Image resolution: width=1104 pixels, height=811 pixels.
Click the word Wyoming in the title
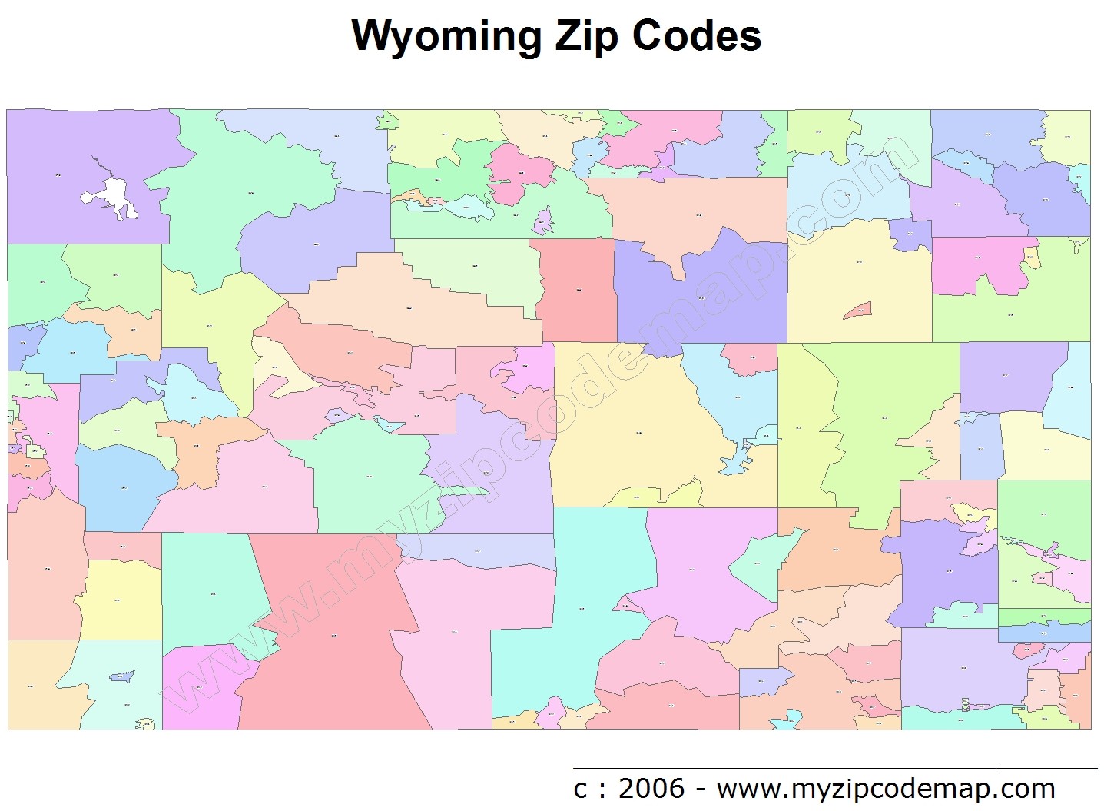pyautogui.click(x=446, y=36)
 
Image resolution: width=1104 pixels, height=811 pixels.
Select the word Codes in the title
pyautogui.click(x=697, y=36)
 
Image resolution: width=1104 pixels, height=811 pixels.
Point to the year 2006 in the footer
pyautogui.click(x=651, y=788)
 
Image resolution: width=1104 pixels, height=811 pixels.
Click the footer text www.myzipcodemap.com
pyautogui.click(x=886, y=788)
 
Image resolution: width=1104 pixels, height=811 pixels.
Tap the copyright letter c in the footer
pyautogui.click(x=581, y=789)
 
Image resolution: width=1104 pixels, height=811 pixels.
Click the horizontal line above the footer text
pyautogui.click(x=834, y=767)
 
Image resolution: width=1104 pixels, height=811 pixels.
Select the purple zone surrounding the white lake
pyautogui.click(x=54, y=154)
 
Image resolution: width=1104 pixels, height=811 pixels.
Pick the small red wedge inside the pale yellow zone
pyautogui.click(x=858, y=310)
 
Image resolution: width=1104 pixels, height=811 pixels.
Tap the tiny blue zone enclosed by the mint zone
pyautogui.click(x=123, y=677)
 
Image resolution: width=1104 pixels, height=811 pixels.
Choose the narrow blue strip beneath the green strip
pyautogui.click(x=1045, y=633)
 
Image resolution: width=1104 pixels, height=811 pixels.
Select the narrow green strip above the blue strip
pyautogui.click(x=1045, y=617)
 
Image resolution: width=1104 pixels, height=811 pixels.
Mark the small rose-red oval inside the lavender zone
pyautogui.click(x=1028, y=650)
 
